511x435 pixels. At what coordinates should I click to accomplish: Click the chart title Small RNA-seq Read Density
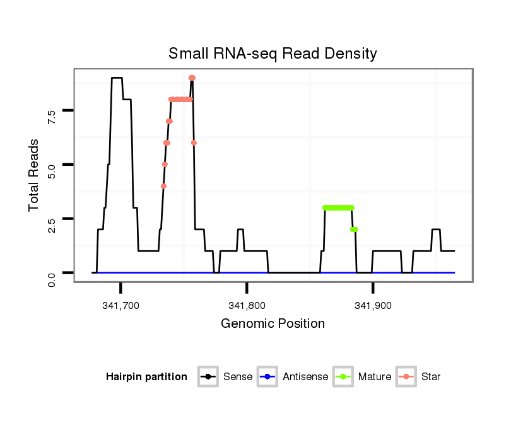(x=273, y=54)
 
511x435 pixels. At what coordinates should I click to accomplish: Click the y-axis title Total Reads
(x=35, y=175)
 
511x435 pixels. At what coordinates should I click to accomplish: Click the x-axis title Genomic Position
(x=273, y=324)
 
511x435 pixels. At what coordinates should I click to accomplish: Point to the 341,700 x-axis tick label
(x=120, y=305)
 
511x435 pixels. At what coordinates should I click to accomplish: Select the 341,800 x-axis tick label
(x=247, y=305)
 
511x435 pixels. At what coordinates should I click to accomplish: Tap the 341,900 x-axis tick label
(x=373, y=305)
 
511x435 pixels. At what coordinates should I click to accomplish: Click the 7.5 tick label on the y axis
(x=52, y=116)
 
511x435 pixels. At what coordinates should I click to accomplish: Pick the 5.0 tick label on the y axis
(x=52, y=170)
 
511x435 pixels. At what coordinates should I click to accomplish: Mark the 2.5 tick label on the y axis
(x=52, y=224)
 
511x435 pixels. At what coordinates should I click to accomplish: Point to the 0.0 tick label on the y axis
(x=52, y=278)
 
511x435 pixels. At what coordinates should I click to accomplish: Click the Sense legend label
(x=238, y=377)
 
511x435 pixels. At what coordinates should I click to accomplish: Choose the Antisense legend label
(x=305, y=377)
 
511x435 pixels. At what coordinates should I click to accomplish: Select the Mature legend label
(x=375, y=377)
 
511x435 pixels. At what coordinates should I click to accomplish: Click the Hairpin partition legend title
(x=146, y=377)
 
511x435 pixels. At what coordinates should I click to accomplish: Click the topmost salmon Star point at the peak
(x=192, y=78)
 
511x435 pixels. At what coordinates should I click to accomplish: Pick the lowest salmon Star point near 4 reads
(x=163, y=186)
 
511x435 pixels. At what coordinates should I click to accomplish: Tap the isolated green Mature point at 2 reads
(x=355, y=229)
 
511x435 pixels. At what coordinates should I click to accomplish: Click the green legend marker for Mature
(x=343, y=377)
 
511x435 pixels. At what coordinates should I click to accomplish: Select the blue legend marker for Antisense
(x=267, y=377)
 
